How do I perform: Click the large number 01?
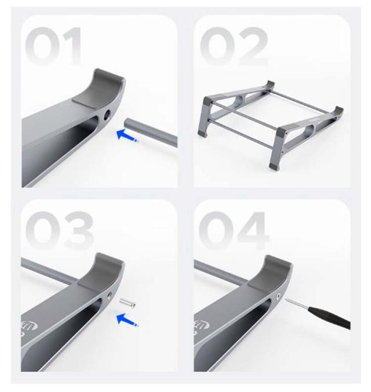click(x=53, y=46)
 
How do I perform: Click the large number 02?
click(x=234, y=46)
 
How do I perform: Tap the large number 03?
click(x=60, y=230)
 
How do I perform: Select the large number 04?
click(x=234, y=230)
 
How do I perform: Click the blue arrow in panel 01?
click(x=127, y=135)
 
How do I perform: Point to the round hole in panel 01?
click(x=107, y=115)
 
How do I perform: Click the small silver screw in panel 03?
click(x=128, y=302)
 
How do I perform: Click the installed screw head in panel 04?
click(x=278, y=297)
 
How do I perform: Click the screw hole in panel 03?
click(x=110, y=296)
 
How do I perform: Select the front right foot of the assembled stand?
click(x=274, y=167)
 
